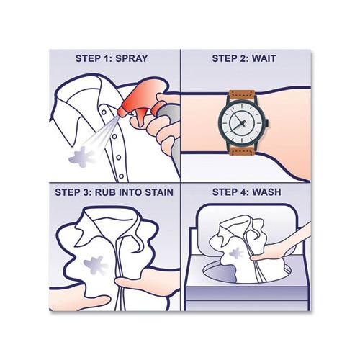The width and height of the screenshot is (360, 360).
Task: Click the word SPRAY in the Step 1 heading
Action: (135, 58)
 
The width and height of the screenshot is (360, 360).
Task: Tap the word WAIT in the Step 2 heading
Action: (266, 58)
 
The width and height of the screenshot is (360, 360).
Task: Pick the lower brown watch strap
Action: (240, 149)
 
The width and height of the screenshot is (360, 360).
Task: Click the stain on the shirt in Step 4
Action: (235, 253)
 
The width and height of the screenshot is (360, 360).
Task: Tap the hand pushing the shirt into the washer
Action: (277, 248)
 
